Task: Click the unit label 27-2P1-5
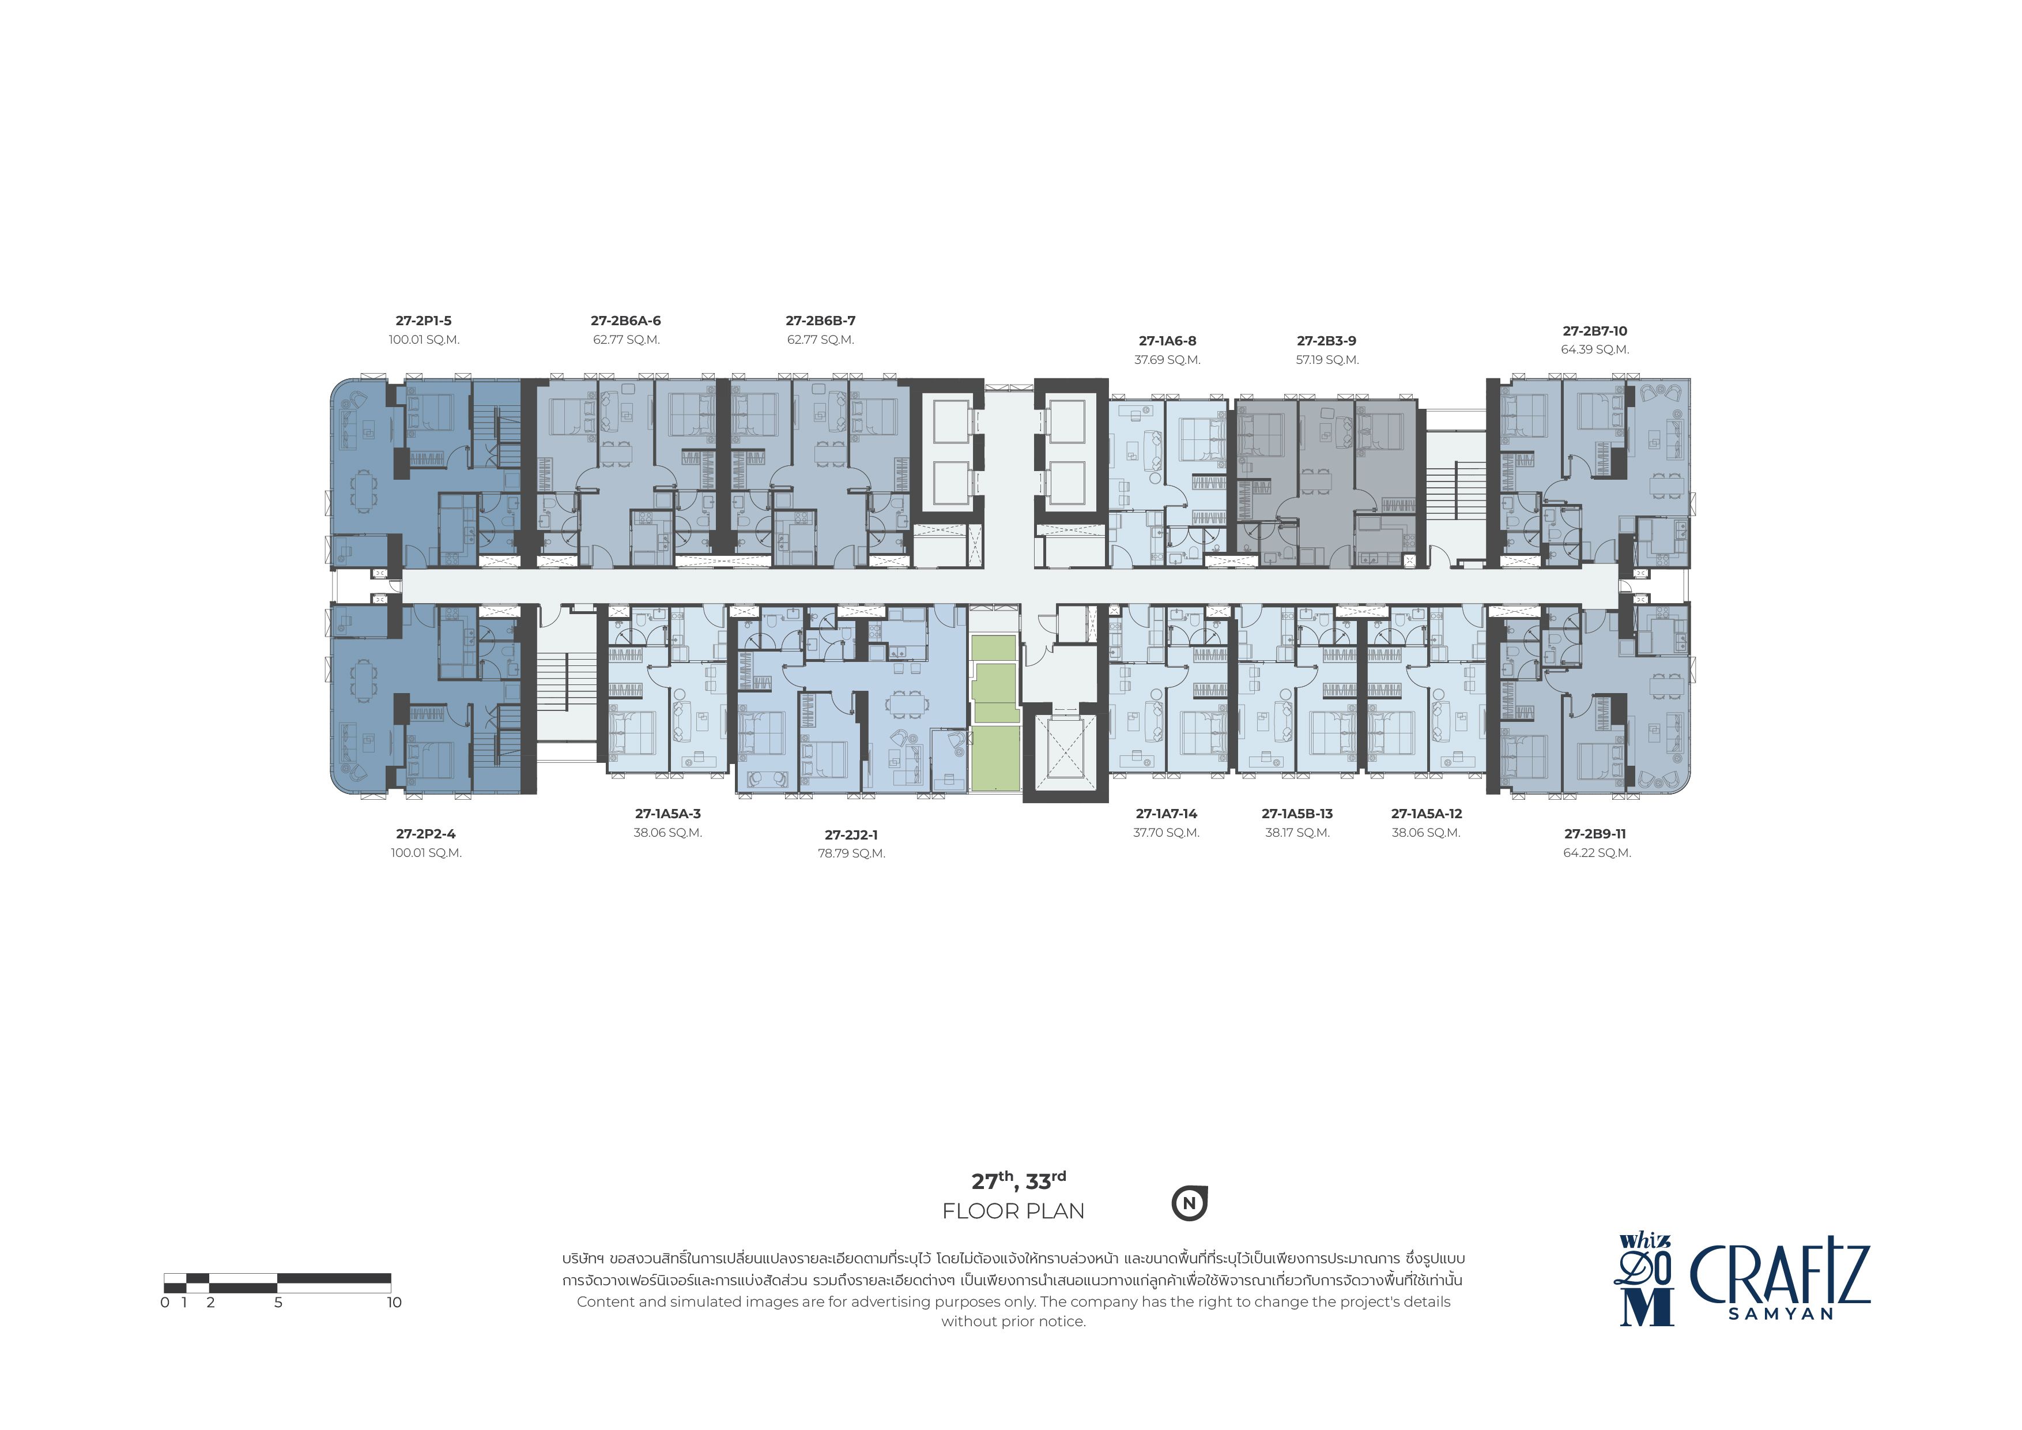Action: click(424, 321)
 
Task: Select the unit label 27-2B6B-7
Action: click(821, 321)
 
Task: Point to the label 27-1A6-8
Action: click(1168, 341)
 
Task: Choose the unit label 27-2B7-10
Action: click(1595, 332)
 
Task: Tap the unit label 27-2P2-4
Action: click(426, 834)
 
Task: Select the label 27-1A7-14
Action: click(1167, 814)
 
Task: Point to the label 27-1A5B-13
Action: click(1297, 814)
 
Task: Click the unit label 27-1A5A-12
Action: click(1427, 814)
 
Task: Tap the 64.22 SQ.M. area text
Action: click(1598, 853)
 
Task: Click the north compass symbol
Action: click(1190, 1203)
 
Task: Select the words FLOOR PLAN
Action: click(1014, 1211)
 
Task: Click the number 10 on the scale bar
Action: click(394, 1302)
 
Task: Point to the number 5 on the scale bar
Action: click(278, 1302)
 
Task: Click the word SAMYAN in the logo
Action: click(1780, 1314)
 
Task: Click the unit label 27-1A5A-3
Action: click(667, 814)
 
